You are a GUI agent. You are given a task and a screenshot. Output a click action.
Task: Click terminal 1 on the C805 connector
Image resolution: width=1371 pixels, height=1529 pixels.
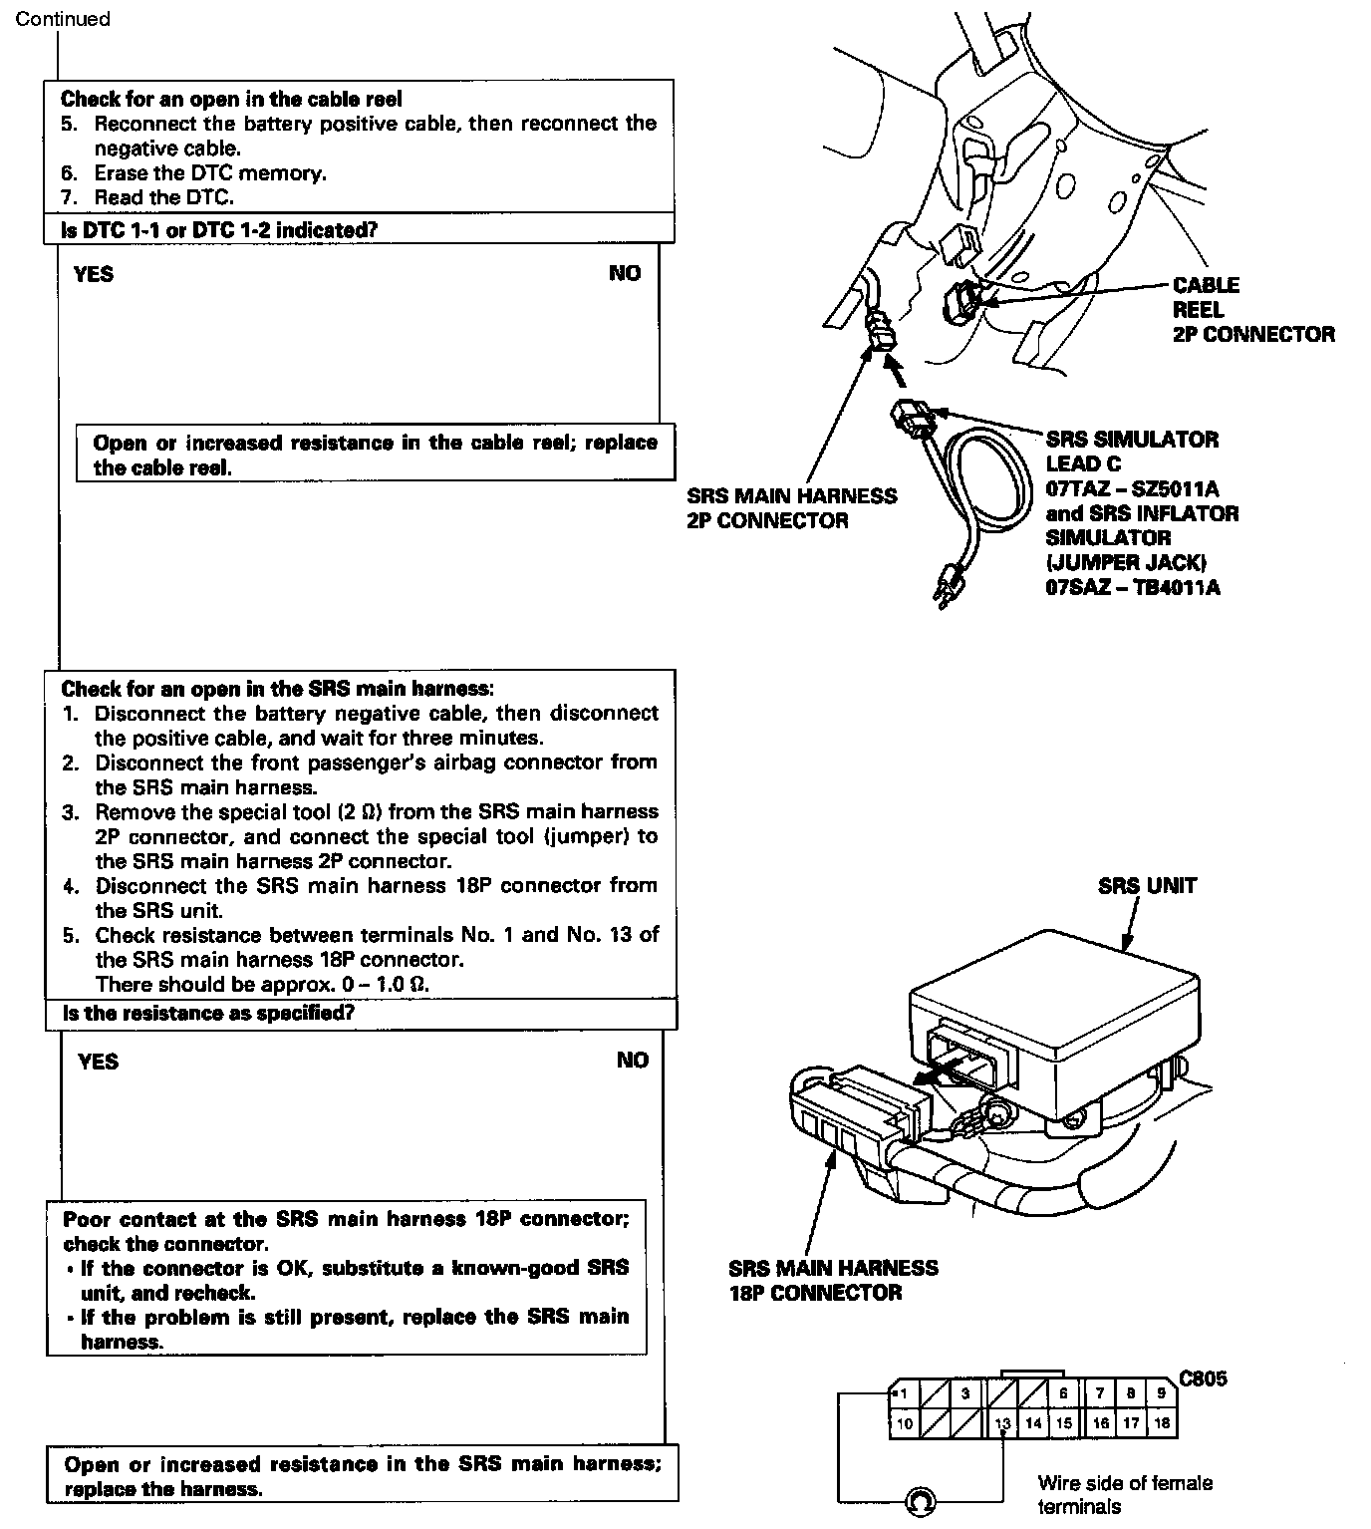point(904,1394)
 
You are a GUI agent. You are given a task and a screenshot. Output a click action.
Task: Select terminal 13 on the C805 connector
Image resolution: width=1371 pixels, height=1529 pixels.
point(1002,1423)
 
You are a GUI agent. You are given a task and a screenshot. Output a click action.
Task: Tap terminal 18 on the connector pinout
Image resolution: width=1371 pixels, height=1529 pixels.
point(1161,1423)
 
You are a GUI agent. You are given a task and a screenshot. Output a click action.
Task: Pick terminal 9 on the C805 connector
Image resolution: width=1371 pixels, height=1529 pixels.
point(1161,1394)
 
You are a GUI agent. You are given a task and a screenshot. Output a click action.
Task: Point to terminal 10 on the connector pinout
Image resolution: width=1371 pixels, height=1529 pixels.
point(904,1423)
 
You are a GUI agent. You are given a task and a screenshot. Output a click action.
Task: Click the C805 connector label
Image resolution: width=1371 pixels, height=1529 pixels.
point(1203,1379)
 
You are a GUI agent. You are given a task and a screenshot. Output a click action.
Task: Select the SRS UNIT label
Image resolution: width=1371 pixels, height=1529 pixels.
point(1147,886)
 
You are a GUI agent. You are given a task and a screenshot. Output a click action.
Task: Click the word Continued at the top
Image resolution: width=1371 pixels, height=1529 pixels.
point(63,19)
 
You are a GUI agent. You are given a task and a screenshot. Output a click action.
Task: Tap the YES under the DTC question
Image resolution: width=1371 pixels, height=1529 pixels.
point(94,274)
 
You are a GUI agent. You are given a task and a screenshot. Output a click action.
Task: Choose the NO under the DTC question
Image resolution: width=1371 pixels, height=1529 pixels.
point(625,274)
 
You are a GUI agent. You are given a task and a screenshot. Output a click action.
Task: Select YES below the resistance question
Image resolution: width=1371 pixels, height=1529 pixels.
point(98,1062)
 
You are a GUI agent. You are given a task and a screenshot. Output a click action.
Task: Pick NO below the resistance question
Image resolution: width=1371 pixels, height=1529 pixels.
point(632,1061)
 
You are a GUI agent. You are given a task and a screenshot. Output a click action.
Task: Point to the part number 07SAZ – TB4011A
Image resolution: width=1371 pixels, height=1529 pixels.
point(1132,587)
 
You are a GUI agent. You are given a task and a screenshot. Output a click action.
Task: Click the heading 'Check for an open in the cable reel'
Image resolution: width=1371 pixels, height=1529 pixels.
point(231,99)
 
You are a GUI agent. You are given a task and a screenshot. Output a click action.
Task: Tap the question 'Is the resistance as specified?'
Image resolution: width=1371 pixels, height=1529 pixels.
point(208,1014)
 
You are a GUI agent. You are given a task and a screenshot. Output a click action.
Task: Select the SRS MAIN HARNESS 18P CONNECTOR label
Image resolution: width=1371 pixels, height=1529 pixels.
point(833,1281)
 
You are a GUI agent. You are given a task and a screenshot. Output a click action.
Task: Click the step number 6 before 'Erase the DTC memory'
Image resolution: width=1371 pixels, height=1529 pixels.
point(70,173)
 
